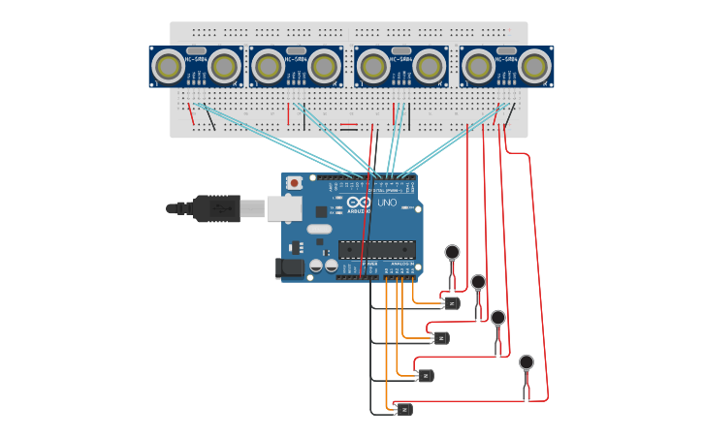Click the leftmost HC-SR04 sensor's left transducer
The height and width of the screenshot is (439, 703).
pyautogui.click(x=169, y=67)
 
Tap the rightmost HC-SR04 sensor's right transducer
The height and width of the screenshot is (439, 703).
pyautogui.click(x=534, y=67)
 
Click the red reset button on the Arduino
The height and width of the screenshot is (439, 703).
pyautogui.click(x=294, y=182)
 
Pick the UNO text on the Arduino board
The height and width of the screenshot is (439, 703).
pyautogui.click(x=387, y=203)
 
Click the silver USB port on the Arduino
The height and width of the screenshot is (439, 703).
pyautogui.click(x=283, y=207)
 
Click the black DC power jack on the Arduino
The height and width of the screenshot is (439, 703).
pyautogui.click(x=289, y=268)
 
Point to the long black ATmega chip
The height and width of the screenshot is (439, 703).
pyautogui.click(x=377, y=249)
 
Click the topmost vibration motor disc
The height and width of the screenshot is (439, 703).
pyautogui.click(x=452, y=252)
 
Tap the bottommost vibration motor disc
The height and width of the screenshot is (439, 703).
pyautogui.click(x=527, y=362)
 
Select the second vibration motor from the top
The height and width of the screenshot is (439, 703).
pyautogui.click(x=478, y=282)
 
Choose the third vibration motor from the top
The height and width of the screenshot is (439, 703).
pyautogui.click(x=498, y=318)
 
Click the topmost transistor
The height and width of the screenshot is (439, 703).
pyautogui.click(x=452, y=303)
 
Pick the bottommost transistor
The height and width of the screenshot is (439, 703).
pyautogui.click(x=404, y=410)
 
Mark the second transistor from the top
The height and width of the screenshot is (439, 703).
pyautogui.click(x=441, y=338)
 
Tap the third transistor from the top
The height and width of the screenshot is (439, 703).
pyautogui.click(x=425, y=375)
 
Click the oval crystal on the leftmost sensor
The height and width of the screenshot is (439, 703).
pyautogui.click(x=196, y=50)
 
